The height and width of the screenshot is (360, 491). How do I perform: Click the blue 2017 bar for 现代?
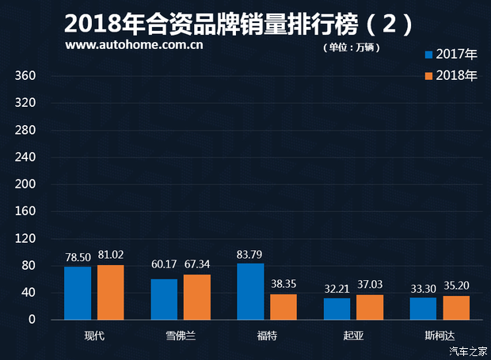[78, 294]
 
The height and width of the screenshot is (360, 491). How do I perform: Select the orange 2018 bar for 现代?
[111, 293]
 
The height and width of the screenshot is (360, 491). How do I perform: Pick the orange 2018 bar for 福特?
[284, 307]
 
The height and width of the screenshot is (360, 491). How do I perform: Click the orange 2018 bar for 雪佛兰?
[197, 297]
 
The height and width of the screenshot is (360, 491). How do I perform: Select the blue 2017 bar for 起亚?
[337, 309]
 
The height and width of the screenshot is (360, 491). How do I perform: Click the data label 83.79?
[250, 255]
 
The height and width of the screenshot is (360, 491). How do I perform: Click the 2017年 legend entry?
[451, 55]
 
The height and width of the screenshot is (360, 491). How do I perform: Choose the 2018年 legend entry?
[451, 76]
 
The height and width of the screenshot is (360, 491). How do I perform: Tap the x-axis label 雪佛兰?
[181, 335]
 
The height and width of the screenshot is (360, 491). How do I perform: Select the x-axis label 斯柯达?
[440, 335]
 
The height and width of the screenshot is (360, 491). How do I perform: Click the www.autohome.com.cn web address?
[135, 45]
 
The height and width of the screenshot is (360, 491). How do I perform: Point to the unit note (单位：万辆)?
[352, 47]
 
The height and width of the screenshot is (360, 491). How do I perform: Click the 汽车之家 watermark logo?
[467, 351]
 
